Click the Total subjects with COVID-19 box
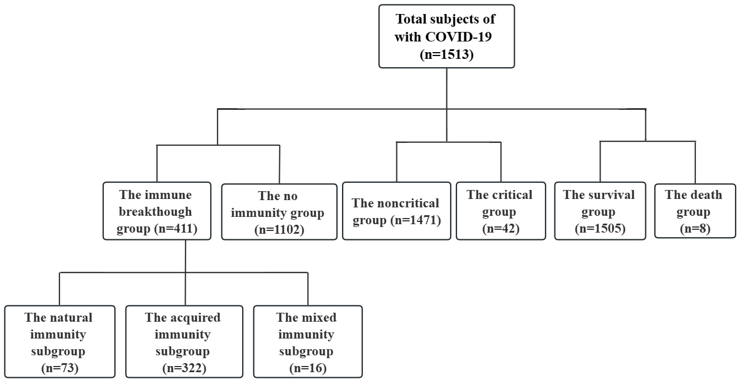point(446,36)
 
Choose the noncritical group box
point(396,211)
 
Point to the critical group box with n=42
point(500,211)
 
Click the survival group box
point(599,211)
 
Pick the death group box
point(694,211)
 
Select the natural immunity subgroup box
point(59,341)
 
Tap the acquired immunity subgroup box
point(184,341)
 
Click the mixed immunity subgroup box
point(308,341)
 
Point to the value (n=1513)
point(447,55)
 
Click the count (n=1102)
point(279,229)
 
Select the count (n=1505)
point(599,229)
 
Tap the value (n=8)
point(694,229)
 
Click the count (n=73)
point(59,368)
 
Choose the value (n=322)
point(184,368)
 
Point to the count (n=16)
point(308,368)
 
